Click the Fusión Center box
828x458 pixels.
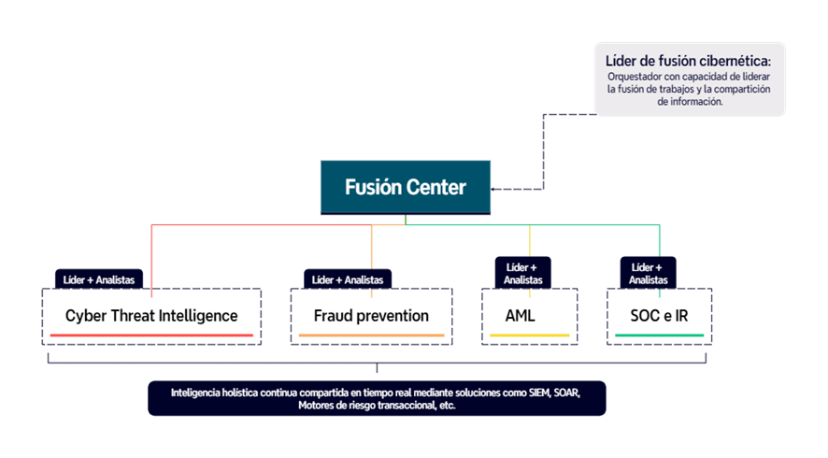pos(405,187)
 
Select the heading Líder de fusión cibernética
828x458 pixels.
pos(689,61)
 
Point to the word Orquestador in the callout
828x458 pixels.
pos(636,77)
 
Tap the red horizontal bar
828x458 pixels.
pos(151,335)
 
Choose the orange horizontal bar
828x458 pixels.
pos(371,335)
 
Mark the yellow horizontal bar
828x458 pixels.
pos(530,335)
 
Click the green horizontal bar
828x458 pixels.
pos(659,335)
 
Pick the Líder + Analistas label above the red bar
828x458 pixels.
pos(98,279)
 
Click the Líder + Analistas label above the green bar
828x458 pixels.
pos(648,273)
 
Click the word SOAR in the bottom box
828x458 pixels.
pos(566,393)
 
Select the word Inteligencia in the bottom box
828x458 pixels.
pos(199,393)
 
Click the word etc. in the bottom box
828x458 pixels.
pos(447,407)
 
